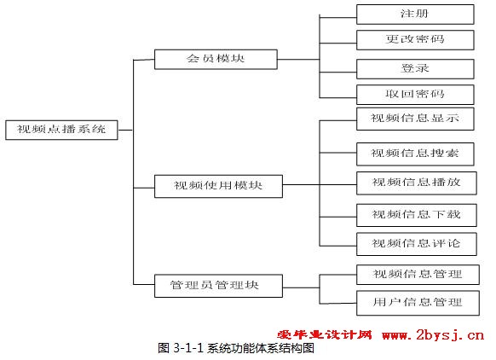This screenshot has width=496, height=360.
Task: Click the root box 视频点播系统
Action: point(61,130)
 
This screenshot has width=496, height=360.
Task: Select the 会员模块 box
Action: point(216,59)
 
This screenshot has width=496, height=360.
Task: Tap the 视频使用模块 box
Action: point(218,186)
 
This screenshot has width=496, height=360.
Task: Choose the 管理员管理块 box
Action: point(218,286)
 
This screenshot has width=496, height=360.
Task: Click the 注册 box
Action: point(415,15)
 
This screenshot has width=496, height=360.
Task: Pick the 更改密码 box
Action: point(415,40)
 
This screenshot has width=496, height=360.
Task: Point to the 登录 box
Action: point(415,69)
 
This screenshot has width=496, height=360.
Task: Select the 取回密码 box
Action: point(415,95)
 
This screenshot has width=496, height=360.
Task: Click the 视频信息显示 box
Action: point(415,119)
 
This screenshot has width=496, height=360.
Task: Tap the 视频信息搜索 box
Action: point(415,154)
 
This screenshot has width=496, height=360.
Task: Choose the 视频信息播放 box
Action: point(416,183)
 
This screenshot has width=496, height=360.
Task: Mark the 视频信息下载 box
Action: point(416,215)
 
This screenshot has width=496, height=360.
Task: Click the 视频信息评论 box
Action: point(416,244)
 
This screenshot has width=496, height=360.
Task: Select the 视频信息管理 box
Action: point(418,275)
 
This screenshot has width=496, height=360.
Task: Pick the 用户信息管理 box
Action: point(418,303)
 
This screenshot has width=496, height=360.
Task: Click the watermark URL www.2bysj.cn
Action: point(433,335)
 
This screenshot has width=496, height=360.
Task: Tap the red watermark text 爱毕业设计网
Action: point(325,334)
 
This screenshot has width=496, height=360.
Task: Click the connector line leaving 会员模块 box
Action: point(298,59)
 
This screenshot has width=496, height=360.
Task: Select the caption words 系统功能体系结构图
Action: point(261,348)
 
